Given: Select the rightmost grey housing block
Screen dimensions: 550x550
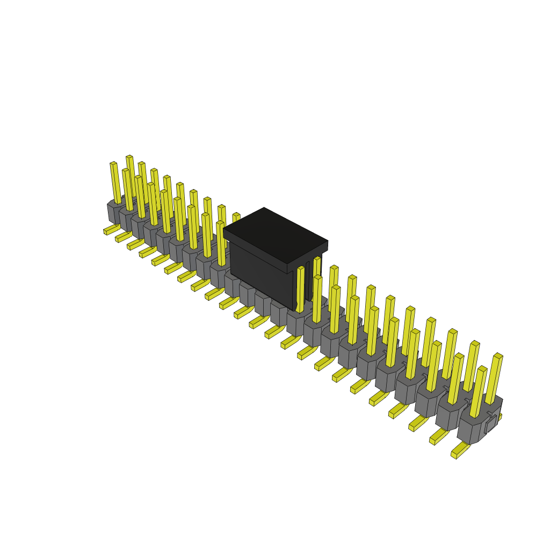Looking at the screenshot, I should point(478,424).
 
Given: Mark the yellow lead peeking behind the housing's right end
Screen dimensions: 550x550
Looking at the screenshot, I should point(500,417).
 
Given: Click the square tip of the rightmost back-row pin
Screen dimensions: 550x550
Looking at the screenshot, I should point(498,356).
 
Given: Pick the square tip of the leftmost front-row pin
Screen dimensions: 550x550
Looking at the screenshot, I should point(113,163).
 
